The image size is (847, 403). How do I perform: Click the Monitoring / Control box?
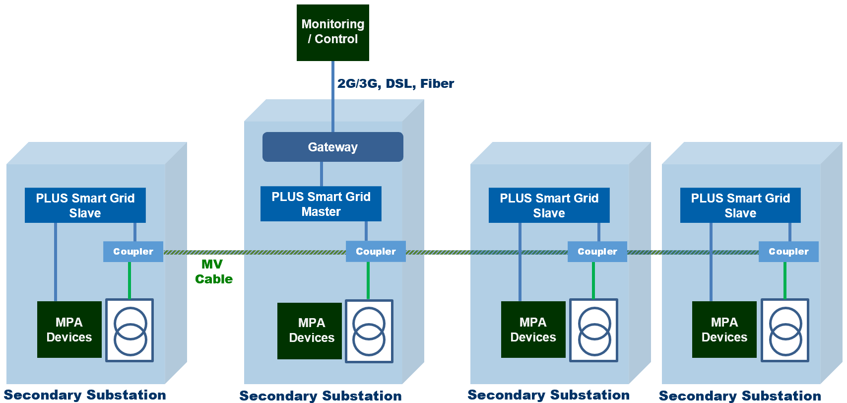tap(332, 32)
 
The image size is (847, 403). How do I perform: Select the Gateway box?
tap(332, 147)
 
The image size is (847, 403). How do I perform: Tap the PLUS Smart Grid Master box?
tap(321, 204)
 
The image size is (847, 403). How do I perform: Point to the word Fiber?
tap(437, 83)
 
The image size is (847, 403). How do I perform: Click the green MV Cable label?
tap(213, 271)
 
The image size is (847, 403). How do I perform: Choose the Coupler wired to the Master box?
tap(376, 251)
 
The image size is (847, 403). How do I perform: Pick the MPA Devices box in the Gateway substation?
tap(310, 331)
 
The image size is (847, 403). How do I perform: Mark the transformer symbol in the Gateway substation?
tap(369, 331)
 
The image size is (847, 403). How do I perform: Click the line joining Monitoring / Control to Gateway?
tap(333, 97)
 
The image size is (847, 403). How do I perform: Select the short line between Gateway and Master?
tap(322, 174)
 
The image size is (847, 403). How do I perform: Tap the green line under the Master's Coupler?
tap(368, 280)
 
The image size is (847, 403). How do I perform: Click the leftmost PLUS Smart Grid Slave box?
tap(85, 205)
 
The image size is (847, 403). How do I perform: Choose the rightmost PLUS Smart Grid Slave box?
tap(740, 205)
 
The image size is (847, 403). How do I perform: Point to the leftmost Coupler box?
tap(133, 251)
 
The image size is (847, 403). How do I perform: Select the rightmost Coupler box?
tap(788, 251)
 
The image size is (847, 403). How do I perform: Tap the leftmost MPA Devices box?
tap(69, 330)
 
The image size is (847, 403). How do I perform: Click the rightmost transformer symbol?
tap(784, 330)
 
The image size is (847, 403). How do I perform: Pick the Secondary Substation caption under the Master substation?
tap(320, 396)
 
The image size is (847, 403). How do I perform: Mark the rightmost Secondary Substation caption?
tap(739, 396)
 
